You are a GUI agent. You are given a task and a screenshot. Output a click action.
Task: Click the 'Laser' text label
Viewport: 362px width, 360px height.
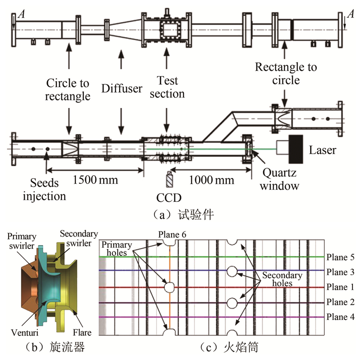[323, 150]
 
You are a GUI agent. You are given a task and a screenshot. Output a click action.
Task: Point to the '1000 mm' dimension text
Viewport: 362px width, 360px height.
[210, 179]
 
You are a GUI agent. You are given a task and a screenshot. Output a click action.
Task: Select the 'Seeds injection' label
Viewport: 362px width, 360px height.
[44, 189]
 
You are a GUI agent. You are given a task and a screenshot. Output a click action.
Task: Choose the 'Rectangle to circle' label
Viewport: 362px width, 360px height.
[285, 73]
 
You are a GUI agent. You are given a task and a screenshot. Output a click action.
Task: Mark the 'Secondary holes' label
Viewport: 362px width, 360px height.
[281, 280]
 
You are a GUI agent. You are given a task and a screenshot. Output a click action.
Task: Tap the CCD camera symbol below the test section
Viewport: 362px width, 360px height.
[168, 179]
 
